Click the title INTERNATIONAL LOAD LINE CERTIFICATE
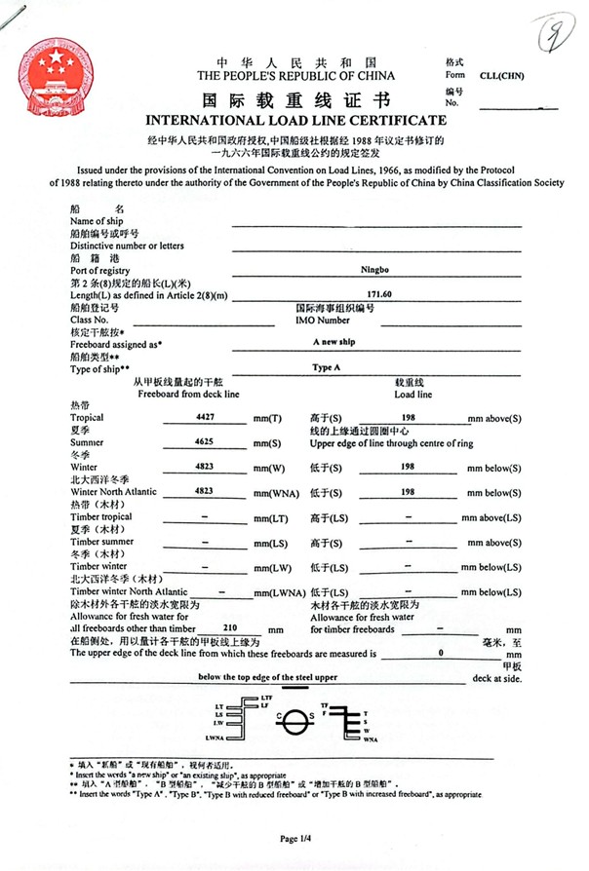(x=295, y=121)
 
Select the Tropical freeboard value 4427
(x=205, y=416)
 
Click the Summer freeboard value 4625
(x=205, y=441)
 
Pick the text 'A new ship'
(x=334, y=343)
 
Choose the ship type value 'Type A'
(x=326, y=368)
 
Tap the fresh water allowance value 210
(x=232, y=627)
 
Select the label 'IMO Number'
(x=322, y=320)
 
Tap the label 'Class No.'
(x=90, y=320)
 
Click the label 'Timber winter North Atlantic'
(x=129, y=591)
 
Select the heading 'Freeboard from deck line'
(x=188, y=394)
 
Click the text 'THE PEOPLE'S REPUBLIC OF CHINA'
(x=295, y=75)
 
